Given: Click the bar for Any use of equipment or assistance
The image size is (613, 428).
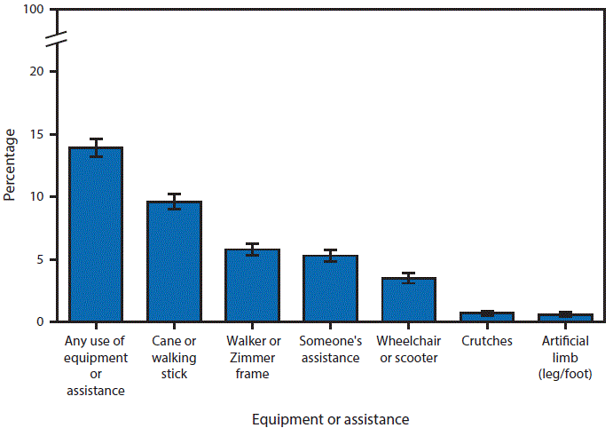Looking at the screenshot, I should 96,234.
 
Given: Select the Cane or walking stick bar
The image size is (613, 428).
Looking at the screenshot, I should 174,261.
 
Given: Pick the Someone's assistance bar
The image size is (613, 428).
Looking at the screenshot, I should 331,289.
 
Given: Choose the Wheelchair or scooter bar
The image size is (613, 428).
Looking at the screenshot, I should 409,299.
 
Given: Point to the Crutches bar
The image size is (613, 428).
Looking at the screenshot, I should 487,316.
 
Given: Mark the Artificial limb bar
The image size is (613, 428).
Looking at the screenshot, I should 566,317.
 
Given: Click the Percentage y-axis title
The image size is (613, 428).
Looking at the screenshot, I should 10,165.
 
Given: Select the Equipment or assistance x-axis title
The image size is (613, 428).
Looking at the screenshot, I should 331,417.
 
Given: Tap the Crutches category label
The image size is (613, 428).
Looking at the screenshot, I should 487,341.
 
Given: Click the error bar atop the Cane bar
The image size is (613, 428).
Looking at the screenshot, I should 174,202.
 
